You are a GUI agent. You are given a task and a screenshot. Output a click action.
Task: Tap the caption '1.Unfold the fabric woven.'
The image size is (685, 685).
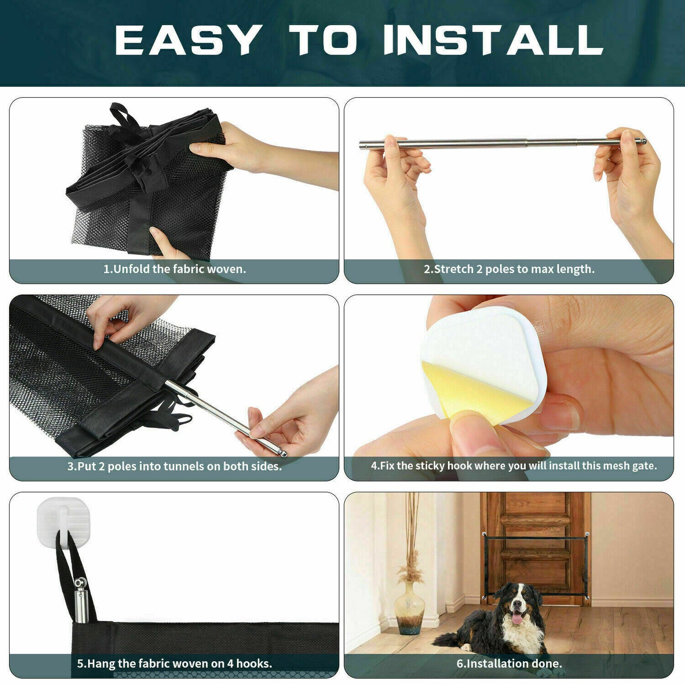pyautogui.click(x=174, y=269)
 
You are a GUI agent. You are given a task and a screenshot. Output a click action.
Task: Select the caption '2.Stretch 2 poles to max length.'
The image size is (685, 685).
pyautogui.click(x=509, y=269)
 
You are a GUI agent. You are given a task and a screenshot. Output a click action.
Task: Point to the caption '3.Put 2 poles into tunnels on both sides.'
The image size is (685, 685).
pyautogui.click(x=174, y=466)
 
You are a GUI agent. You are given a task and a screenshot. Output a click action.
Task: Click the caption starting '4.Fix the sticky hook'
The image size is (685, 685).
pyautogui.click(x=513, y=466)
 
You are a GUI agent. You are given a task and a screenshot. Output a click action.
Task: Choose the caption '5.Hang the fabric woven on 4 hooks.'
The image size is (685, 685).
pyautogui.click(x=174, y=664)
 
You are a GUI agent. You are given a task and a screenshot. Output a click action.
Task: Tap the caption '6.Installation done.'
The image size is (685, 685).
pyautogui.click(x=509, y=664)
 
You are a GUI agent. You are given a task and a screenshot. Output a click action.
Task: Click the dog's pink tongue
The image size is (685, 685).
pyautogui.click(x=516, y=618)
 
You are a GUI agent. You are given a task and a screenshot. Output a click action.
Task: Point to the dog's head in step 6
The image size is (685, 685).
pyautogui.click(x=517, y=602)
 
